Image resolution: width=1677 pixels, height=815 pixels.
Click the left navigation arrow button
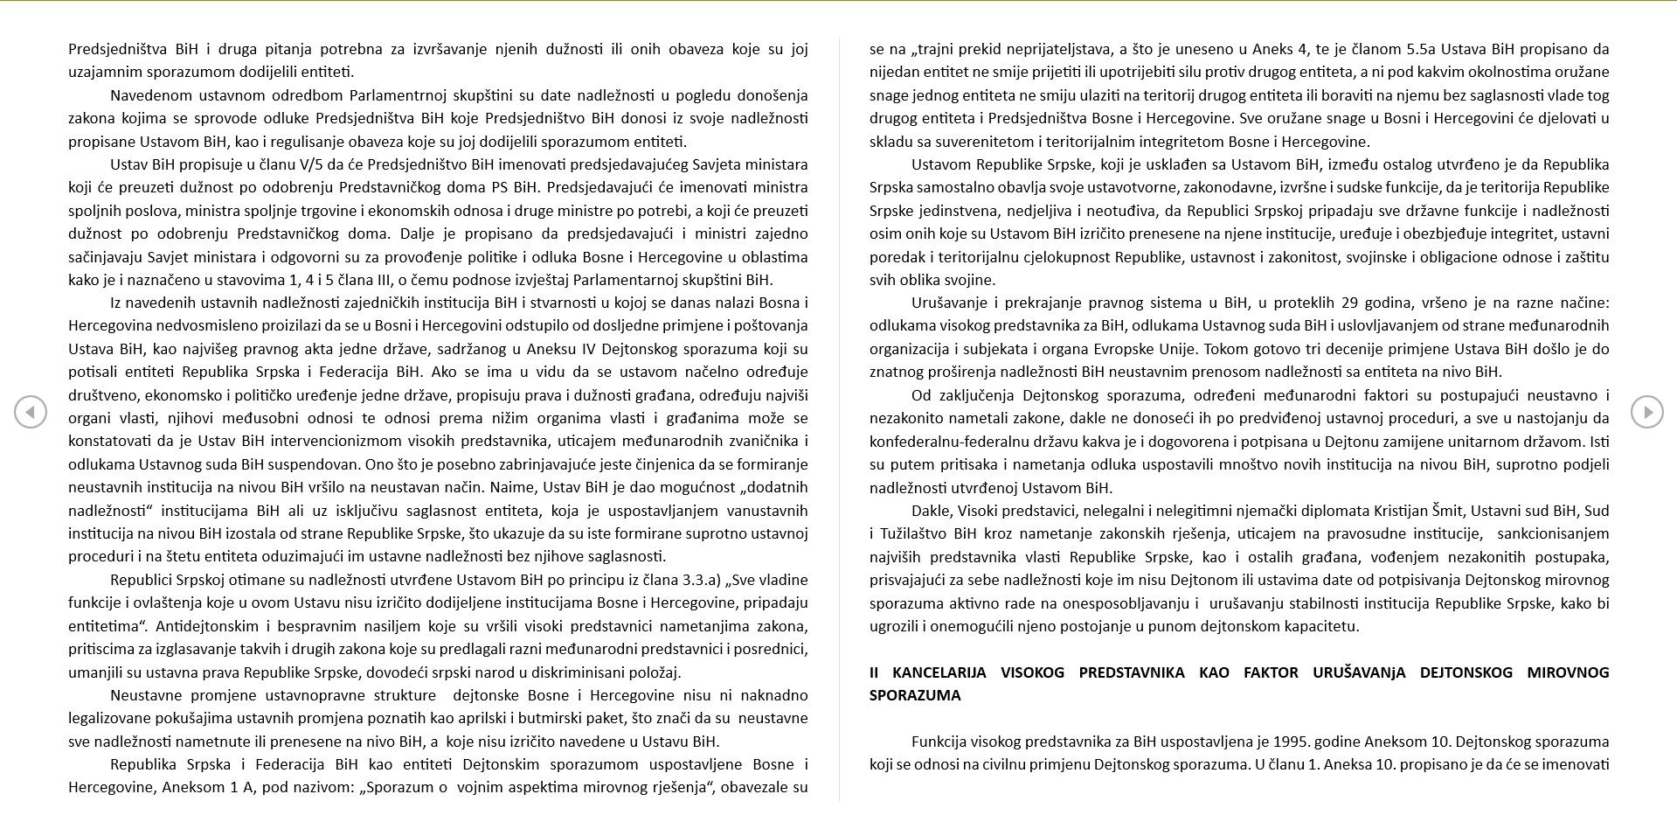[31, 412]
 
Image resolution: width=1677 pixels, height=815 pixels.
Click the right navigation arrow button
[1646, 412]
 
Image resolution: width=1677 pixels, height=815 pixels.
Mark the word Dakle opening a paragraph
[931, 511]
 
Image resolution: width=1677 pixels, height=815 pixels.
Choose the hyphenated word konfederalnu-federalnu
[944, 442]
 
